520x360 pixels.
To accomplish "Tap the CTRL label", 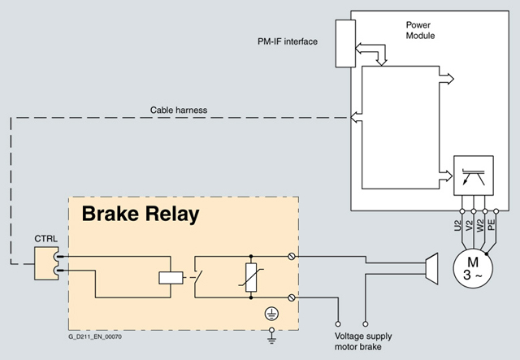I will (x=45, y=238).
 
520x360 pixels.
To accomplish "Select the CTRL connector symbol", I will (x=45, y=262).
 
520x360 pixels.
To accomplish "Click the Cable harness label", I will (x=180, y=110).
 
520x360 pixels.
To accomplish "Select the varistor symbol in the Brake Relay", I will (x=252, y=276).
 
